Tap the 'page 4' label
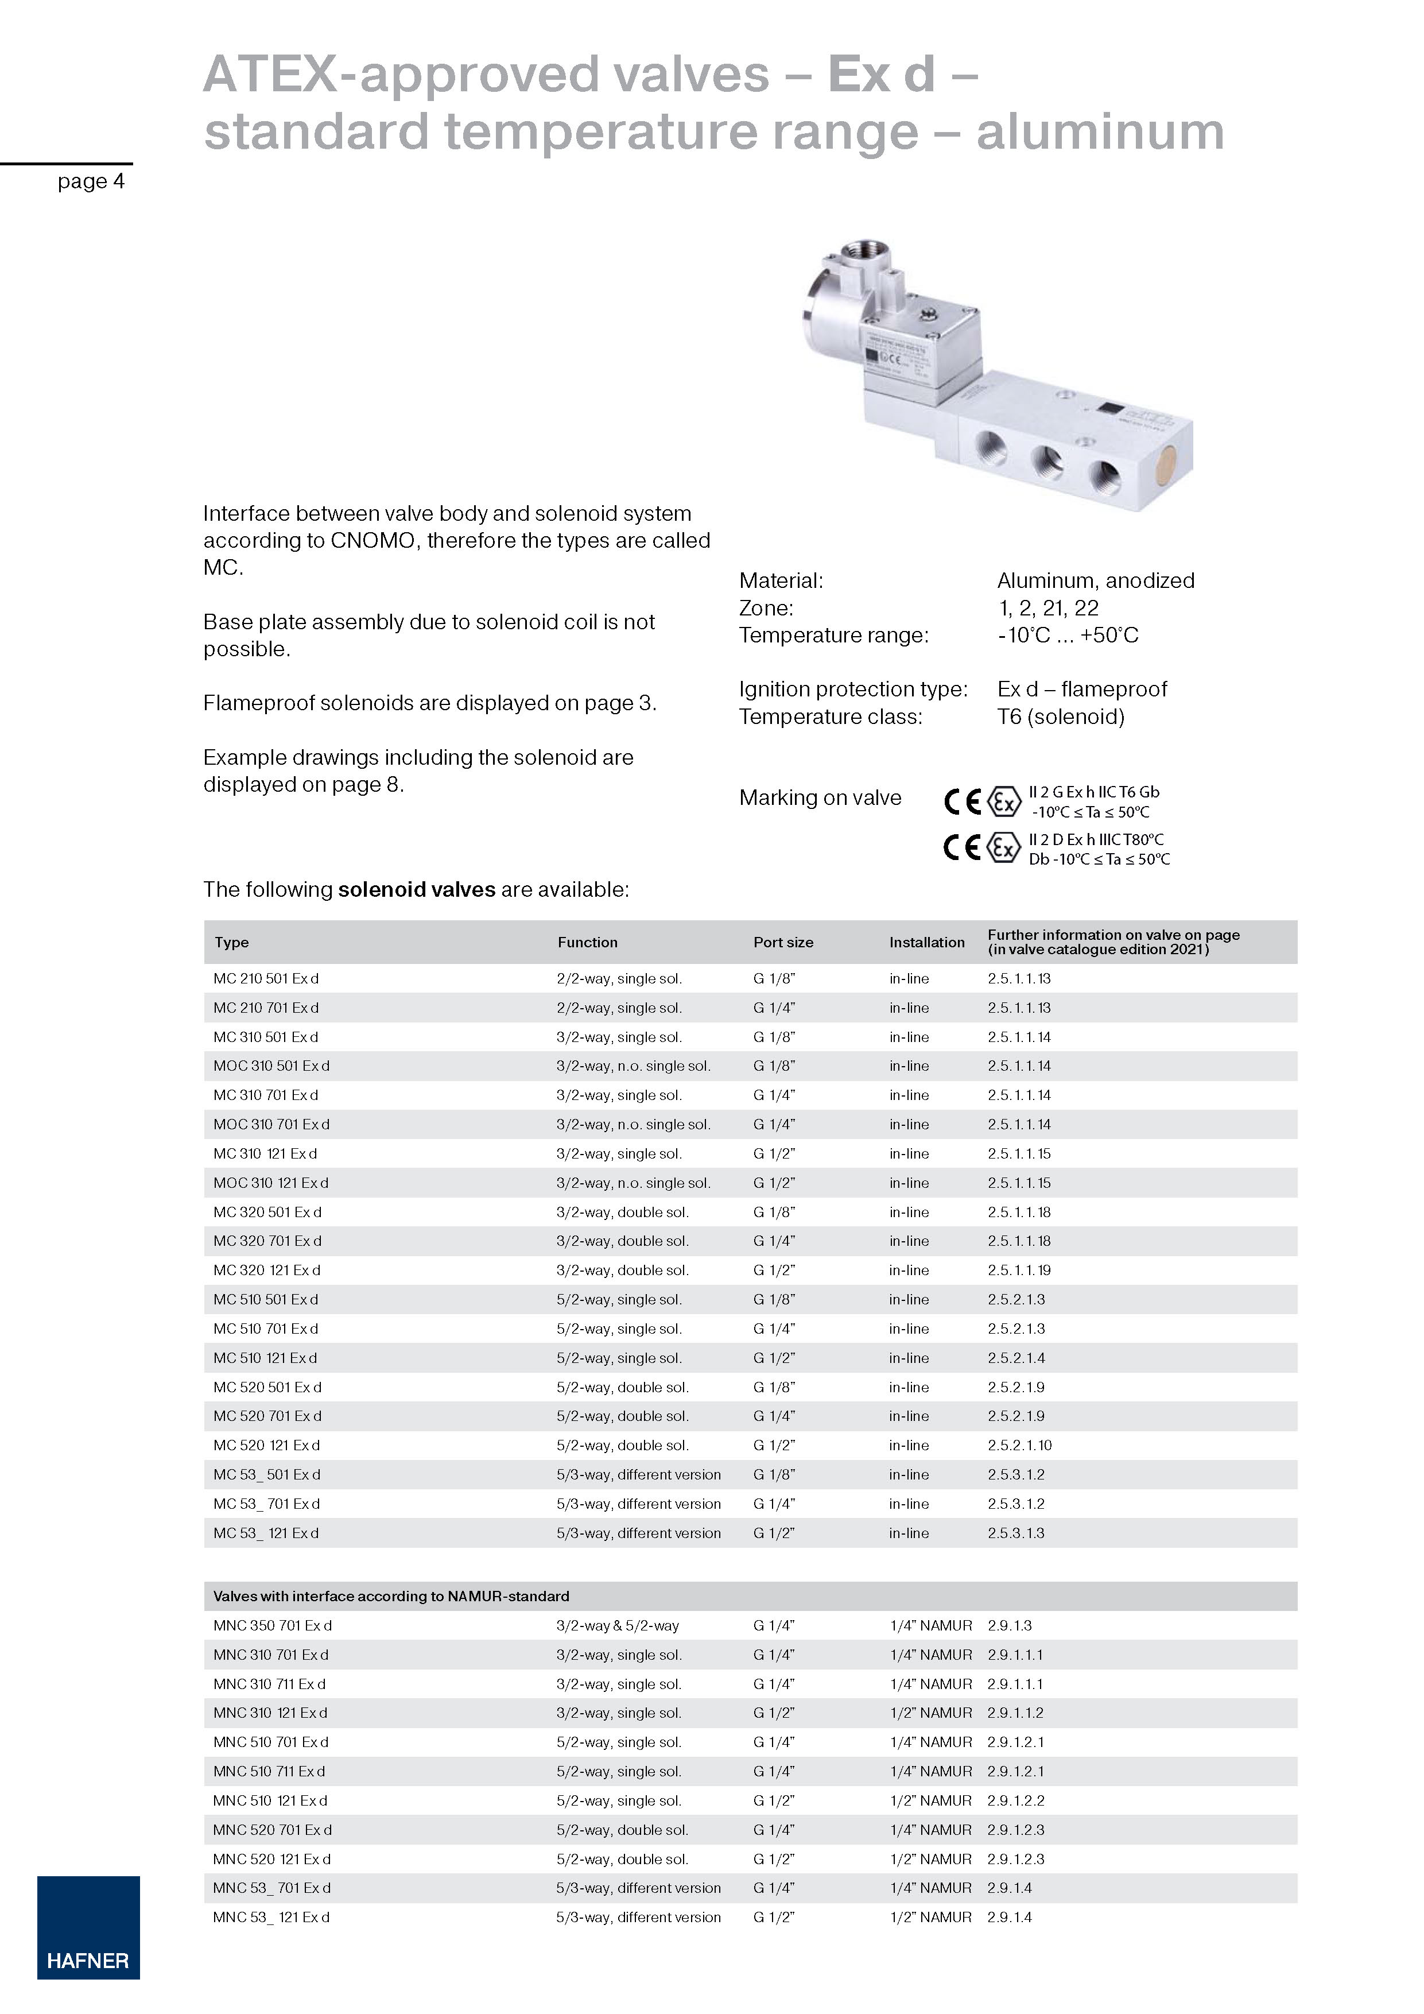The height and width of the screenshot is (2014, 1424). click(x=91, y=181)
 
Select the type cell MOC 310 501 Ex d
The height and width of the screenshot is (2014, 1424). click(x=271, y=1066)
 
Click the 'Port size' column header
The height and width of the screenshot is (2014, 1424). click(x=783, y=942)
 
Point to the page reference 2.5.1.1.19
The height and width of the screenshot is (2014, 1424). click(x=1019, y=1270)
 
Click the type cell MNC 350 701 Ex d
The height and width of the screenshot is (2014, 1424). click(x=272, y=1625)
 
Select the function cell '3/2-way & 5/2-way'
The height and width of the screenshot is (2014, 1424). click(x=618, y=1625)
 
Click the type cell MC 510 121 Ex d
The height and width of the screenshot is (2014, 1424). click(x=265, y=1358)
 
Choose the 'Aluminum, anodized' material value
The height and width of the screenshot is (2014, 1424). click(x=1095, y=580)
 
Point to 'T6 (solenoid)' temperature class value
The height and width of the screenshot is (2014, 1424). click(x=1060, y=716)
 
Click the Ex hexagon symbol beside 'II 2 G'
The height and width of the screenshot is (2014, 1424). click(x=1004, y=801)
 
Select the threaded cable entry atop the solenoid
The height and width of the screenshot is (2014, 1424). click(x=863, y=254)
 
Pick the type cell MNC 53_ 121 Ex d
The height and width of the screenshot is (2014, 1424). click(x=271, y=1916)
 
